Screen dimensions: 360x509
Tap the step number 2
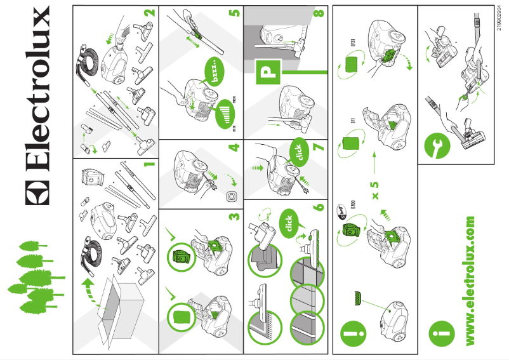point(149,14)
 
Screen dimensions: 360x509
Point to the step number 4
point(235,148)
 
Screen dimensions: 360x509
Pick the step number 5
point(235,14)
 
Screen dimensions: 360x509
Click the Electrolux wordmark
point(36,105)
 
